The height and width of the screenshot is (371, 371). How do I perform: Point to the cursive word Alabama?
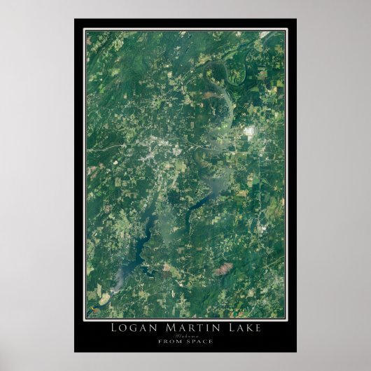click(x=185, y=335)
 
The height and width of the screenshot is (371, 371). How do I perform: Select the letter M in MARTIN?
click(x=165, y=328)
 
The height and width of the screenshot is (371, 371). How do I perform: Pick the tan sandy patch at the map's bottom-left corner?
click(x=103, y=299)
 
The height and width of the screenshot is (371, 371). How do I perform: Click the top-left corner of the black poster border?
click(x=75, y=19)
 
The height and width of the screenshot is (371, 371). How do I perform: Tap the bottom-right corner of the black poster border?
click(x=295, y=351)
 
